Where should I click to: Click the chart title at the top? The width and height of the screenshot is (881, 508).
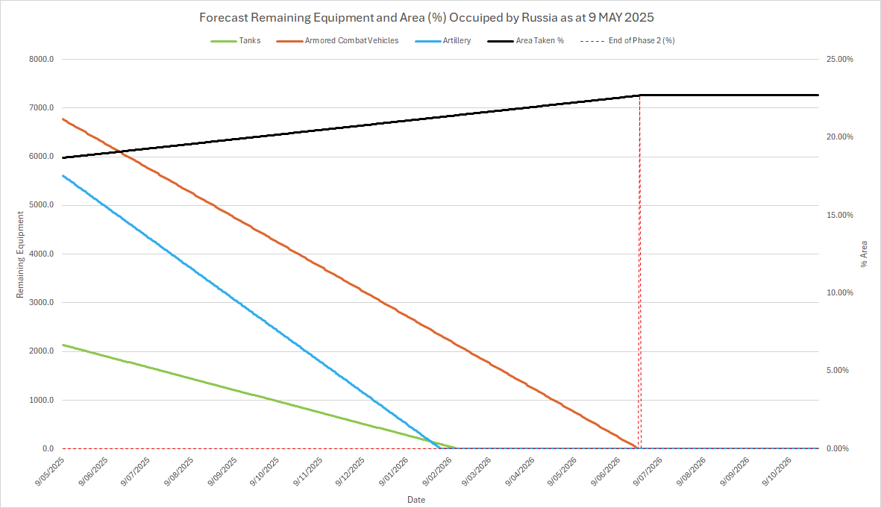(440, 16)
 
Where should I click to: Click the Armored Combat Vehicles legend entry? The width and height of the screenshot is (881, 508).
(351, 40)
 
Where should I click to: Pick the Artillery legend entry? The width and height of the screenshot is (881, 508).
(456, 40)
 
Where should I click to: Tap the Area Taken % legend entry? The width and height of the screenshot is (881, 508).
(539, 40)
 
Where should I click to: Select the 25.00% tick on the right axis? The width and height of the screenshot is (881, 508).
(838, 60)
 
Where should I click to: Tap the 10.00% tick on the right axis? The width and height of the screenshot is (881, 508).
(838, 293)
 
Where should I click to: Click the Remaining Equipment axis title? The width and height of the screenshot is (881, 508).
(20, 254)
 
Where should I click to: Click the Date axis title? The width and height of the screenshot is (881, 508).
(416, 498)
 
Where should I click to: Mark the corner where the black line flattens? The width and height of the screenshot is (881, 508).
(640, 95)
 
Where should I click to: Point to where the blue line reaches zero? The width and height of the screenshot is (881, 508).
(439, 448)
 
